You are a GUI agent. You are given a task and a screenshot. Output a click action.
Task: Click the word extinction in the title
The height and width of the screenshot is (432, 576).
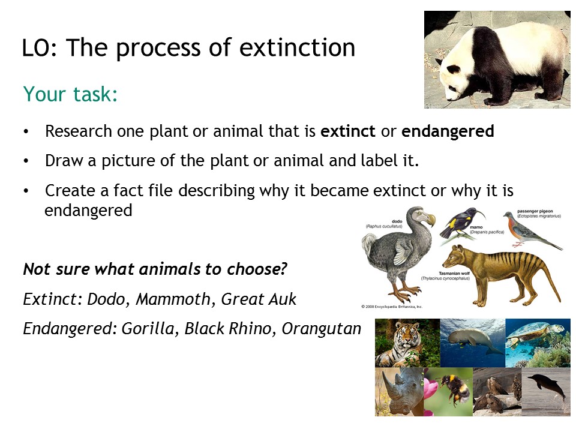tap(297, 48)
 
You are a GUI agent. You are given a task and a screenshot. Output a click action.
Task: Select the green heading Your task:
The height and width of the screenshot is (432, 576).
tap(71, 94)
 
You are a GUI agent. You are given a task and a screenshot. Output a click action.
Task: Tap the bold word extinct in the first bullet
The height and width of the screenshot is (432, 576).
tap(348, 131)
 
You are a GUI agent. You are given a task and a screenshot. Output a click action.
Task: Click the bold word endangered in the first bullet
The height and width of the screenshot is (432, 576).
tap(448, 131)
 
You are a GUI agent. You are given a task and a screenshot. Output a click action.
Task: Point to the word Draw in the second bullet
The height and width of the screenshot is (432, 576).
tap(64, 161)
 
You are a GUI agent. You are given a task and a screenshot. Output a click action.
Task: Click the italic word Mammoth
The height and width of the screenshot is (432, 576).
tap(173, 299)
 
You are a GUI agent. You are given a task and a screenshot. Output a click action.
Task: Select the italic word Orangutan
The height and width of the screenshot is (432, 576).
tap(322, 329)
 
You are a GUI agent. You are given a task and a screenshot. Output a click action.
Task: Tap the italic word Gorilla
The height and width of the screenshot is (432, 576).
tap(148, 329)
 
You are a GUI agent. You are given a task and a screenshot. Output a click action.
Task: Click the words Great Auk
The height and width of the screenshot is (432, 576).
tap(259, 299)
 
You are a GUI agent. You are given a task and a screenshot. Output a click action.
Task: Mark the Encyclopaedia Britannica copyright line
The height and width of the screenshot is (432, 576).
tap(392, 307)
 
